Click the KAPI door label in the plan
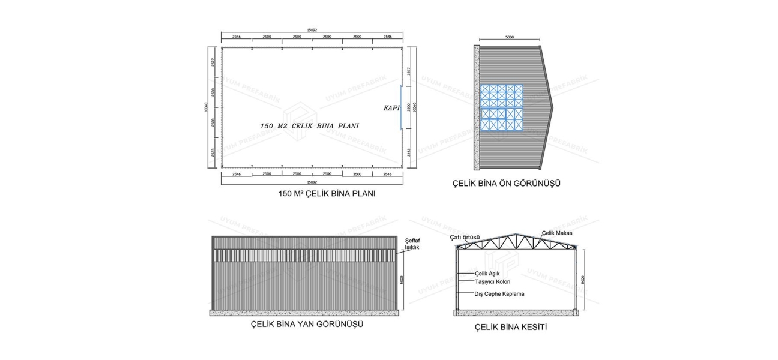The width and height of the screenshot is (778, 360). [391, 108]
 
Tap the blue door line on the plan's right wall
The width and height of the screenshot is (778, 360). [402, 107]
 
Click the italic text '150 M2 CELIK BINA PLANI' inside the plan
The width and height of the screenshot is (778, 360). [309, 126]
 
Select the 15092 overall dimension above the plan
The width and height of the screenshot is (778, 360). [311, 30]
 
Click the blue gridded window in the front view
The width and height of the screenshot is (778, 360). [502, 107]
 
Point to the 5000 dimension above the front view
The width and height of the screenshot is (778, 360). [509, 37]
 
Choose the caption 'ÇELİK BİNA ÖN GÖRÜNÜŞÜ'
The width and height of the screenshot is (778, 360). [506, 184]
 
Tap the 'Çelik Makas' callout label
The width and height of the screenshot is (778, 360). [557, 233]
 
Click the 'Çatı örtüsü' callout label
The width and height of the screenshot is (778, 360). [465, 238]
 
